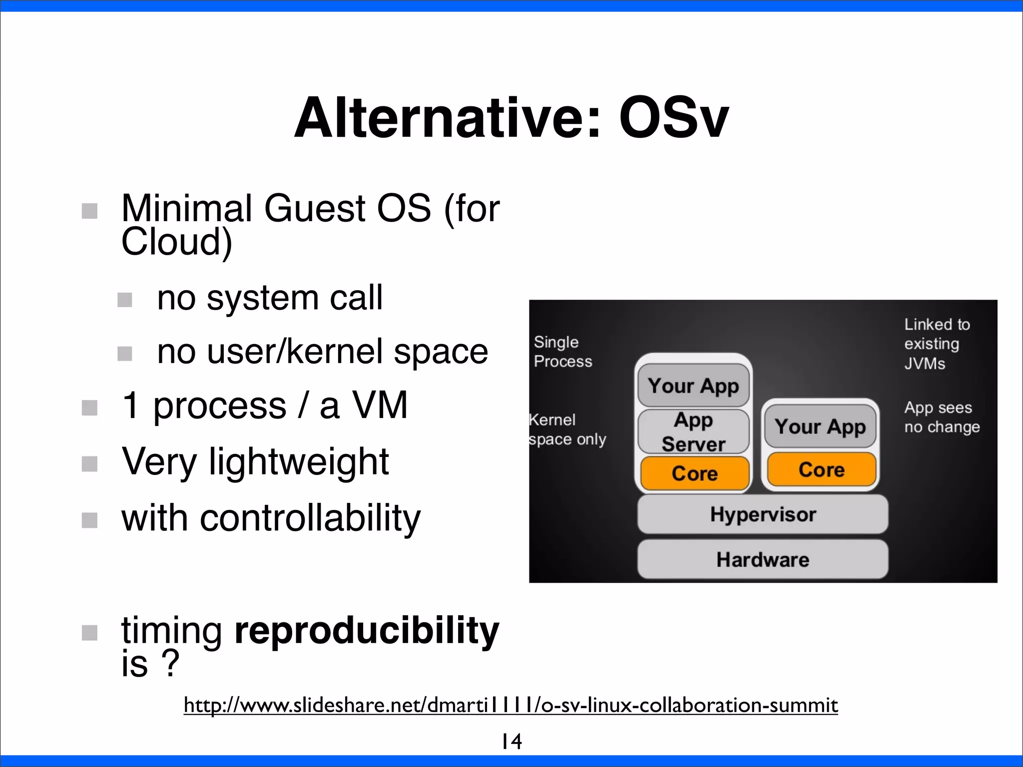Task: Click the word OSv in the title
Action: [674, 119]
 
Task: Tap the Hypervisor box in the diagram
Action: [763, 514]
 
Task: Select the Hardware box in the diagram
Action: [763, 559]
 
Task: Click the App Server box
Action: [693, 432]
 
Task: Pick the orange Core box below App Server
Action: [694, 473]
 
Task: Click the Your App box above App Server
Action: [693, 386]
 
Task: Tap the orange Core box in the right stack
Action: [821, 469]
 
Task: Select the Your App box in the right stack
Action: [820, 426]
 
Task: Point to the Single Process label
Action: [562, 352]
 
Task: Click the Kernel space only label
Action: [567, 429]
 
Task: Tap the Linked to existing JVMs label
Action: [937, 344]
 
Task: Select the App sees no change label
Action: [942, 417]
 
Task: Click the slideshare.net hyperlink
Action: [511, 705]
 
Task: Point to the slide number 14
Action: [511, 742]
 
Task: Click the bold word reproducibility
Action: [367, 630]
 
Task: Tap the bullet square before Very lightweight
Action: [89, 464]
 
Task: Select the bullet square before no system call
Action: [125, 300]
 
